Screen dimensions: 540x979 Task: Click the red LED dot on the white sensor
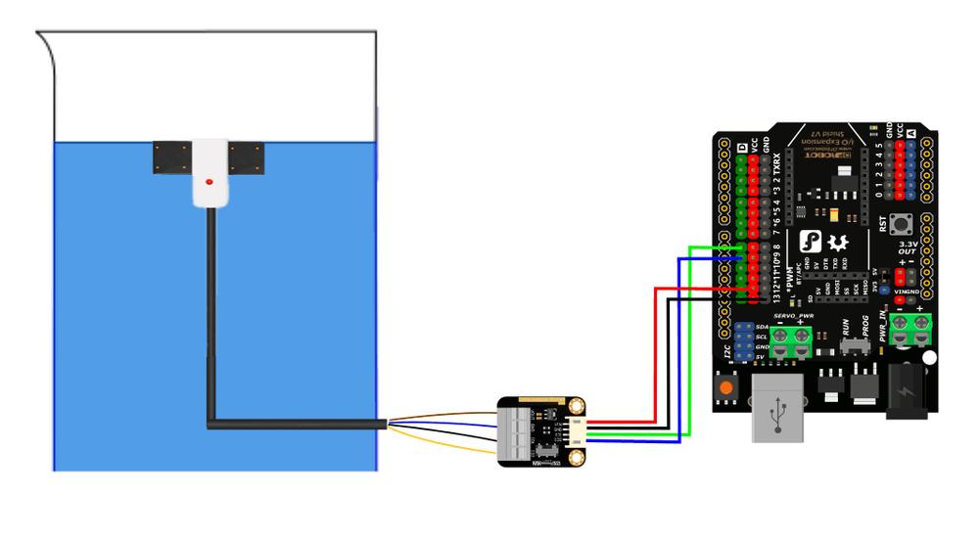(x=210, y=183)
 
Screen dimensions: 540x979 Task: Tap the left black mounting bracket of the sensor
(x=171, y=157)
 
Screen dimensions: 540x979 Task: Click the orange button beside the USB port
(x=725, y=387)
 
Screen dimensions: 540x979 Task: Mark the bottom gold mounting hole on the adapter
(x=579, y=456)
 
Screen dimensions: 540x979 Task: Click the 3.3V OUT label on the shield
(x=908, y=250)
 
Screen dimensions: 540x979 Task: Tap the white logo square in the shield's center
(x=809, y=242)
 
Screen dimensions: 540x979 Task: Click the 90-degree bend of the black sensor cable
(x=211, y=425)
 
